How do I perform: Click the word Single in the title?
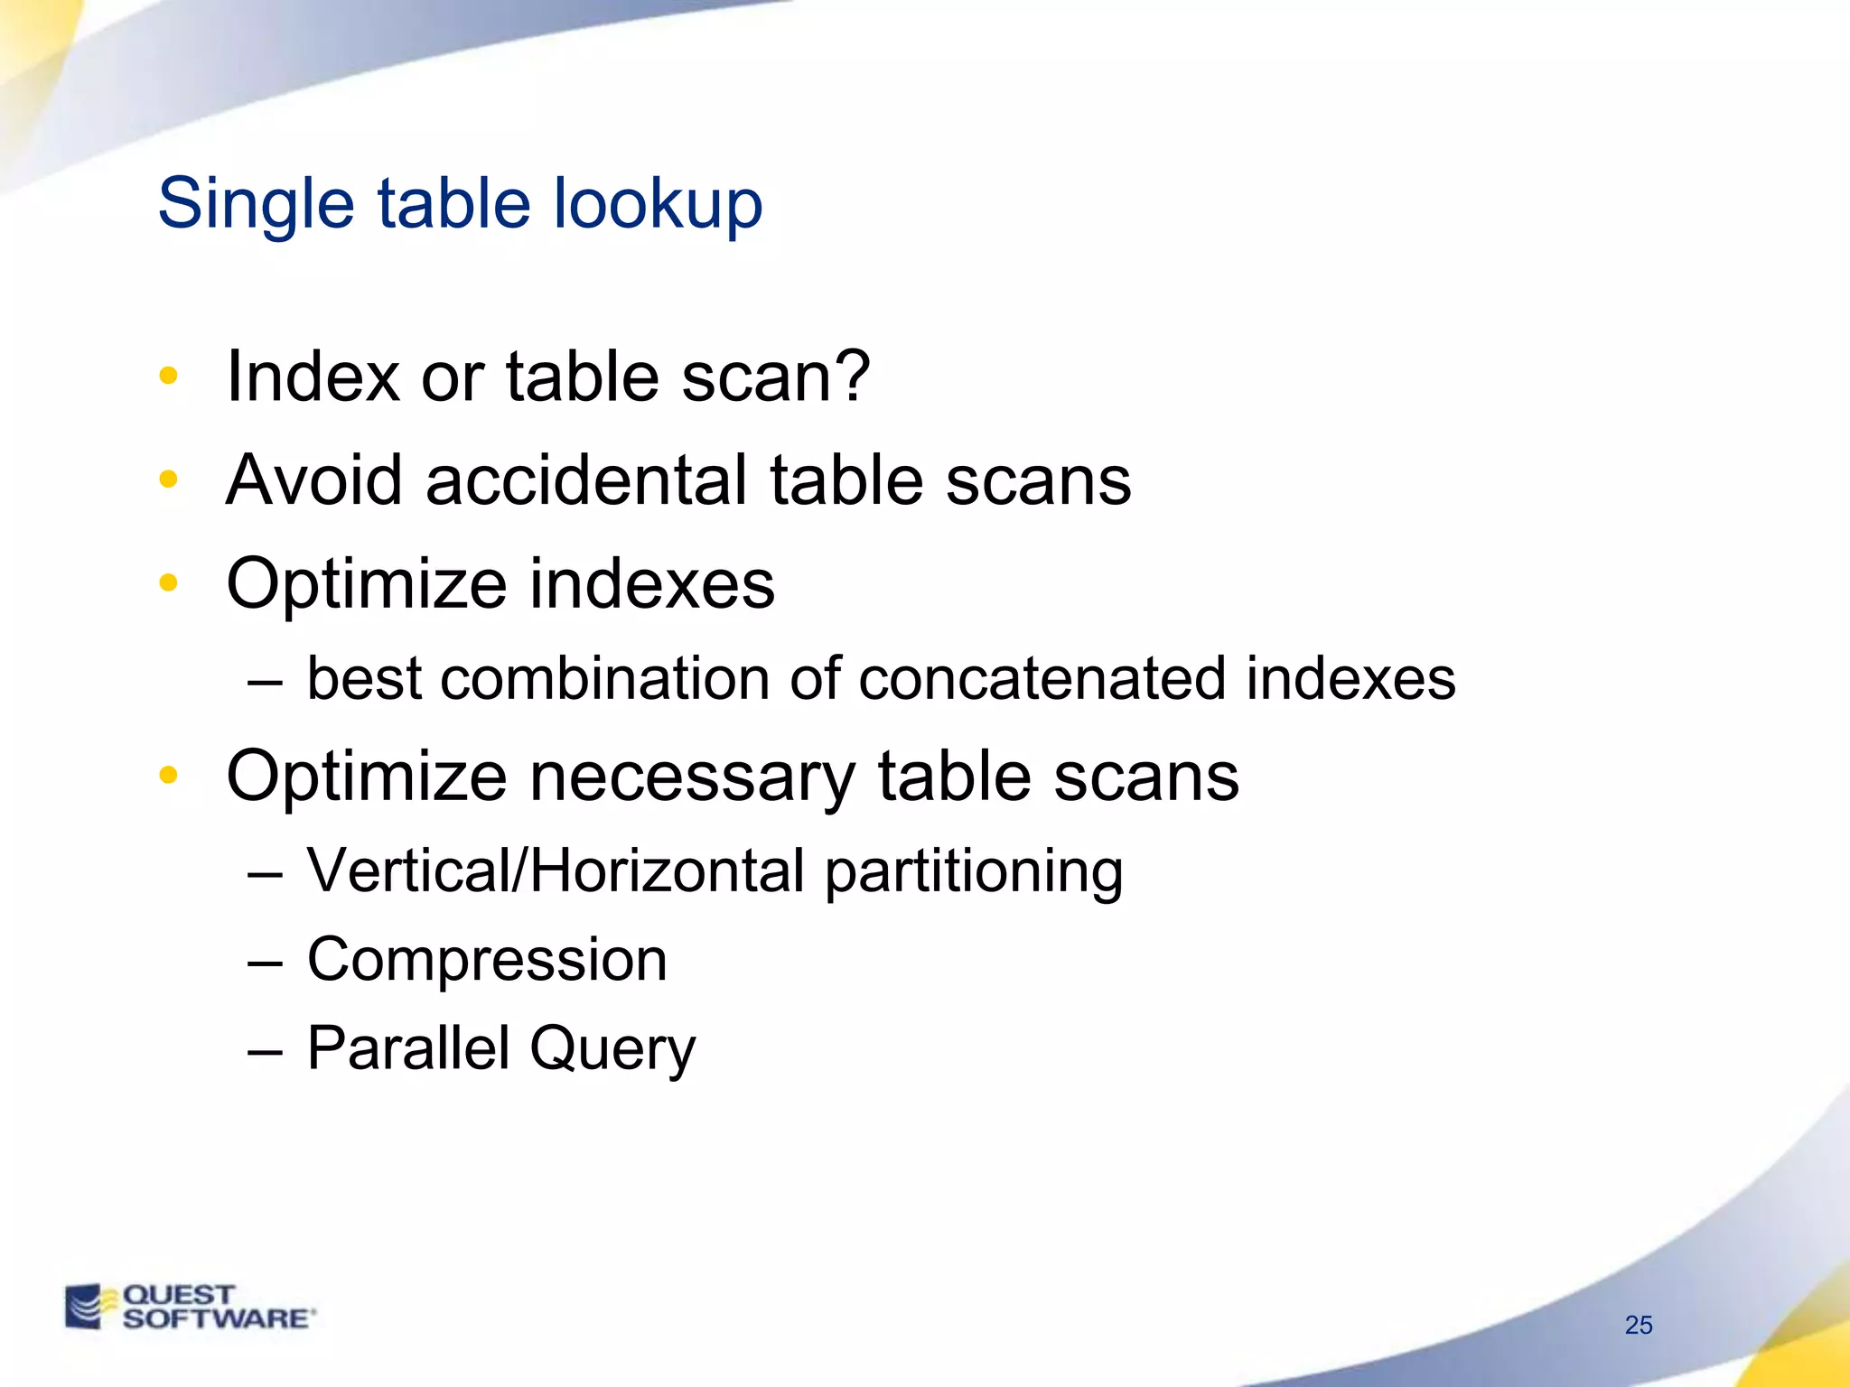(256, 204)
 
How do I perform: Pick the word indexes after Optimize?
(651, 583)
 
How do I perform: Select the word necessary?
(691, 777)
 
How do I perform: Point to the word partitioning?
(974, 872)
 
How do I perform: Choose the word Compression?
(487, 959)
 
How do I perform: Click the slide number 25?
(1638, 1325)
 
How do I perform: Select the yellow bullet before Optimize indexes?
(168, 583)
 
